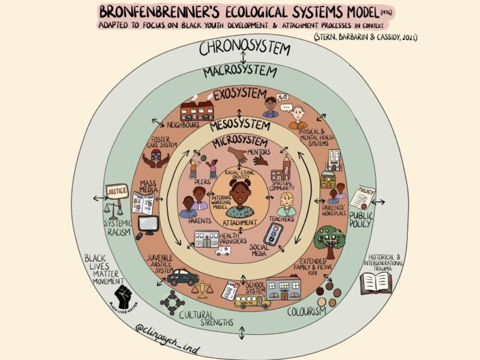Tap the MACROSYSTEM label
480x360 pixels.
point(240,72)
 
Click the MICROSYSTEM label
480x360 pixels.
point(241,143)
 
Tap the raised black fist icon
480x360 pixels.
point(124,295)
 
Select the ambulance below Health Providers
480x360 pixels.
point(223,250)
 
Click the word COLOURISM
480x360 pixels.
point(306,311)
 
